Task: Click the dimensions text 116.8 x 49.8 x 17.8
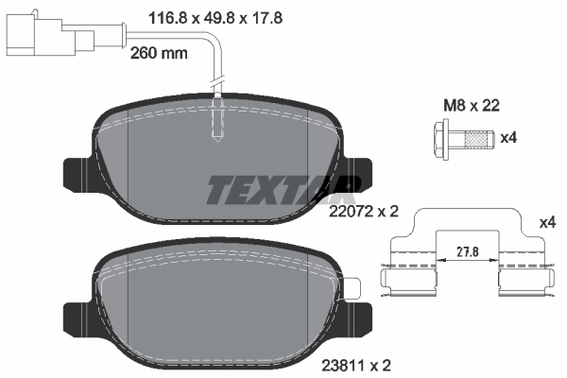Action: pos(215,17)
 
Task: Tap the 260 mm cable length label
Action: pos(159,53)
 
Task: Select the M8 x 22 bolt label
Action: pos(472,105)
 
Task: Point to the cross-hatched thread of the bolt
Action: pos(474,139)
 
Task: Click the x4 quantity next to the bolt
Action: pos(508,138)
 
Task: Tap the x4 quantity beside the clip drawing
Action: pos(547,223)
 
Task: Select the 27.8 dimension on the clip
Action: pos(468,251)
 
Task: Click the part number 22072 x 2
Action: pos(364,212)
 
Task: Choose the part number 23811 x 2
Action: pos(356,366)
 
